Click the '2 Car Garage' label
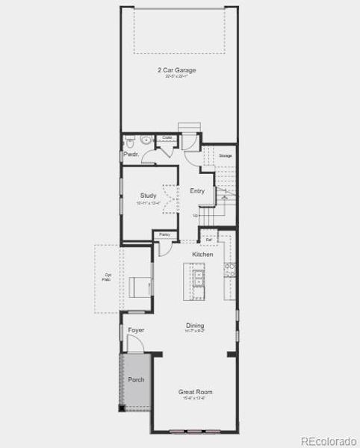tap(176, 70)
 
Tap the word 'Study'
tap(148, 196)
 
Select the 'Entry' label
tap(197, 191)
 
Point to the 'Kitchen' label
tap(202, 255)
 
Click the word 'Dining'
tap(195, 326)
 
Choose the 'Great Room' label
tap(195, 391)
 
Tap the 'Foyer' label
tap(136, 330)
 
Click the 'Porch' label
tap(136, 379)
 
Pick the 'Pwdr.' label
tap(131, 155)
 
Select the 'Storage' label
tap(225, 155)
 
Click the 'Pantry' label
tap(164, 235)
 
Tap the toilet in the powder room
tap(129, 140)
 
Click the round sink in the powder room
tap(146, 140)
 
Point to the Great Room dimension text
tap(195, 398)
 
